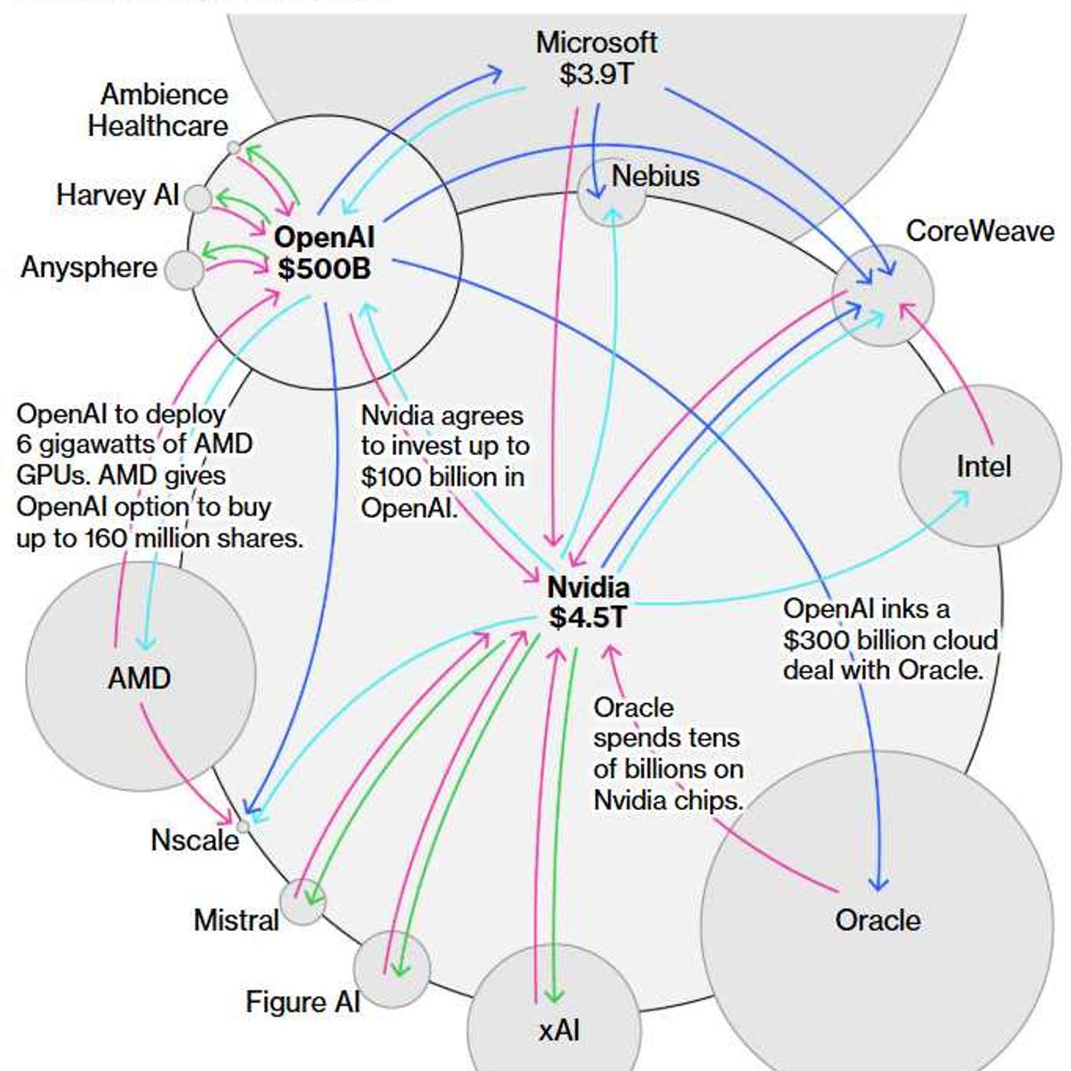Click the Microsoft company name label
coord(596,43)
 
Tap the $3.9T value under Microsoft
coord(596,74)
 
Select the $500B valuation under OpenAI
coord(324,269)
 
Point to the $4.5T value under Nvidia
coord(588,617)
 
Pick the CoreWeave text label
coord(980,231)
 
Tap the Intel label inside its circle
coord(983,466)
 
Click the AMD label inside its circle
coord(139,678)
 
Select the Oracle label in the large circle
coord(877,920)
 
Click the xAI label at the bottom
coord(559,1030)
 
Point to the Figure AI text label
coord(302,1002)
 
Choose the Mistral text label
coord(236,920)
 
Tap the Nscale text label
coord(194,840)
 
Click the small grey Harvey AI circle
coord(198,199)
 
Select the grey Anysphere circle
coord(184,270)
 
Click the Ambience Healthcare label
coord(158,110)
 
